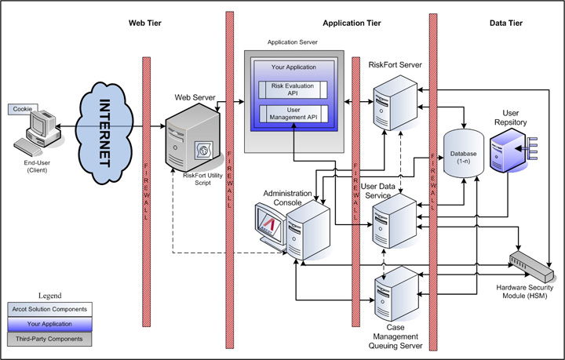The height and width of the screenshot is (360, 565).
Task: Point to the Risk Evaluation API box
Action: [293, 90]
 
